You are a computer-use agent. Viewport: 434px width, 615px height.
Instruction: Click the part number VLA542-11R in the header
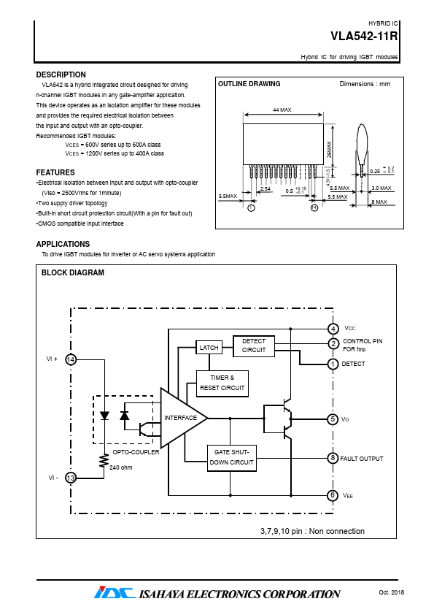tap(364, 36)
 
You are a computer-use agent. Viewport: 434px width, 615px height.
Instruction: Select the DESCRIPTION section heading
tap(61, 75)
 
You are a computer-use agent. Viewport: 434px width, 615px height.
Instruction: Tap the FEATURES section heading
tap(55, 172)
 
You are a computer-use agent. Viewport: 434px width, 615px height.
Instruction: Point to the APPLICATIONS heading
tap(63, 244)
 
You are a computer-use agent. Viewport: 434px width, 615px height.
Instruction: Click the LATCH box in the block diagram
tap(209, 348)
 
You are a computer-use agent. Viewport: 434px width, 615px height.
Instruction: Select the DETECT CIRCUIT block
tap(253, 346)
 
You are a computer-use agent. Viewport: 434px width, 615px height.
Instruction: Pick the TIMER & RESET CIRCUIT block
tap(222, 383)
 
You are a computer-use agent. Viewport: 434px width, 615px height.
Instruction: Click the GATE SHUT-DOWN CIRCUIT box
tap(231, 458)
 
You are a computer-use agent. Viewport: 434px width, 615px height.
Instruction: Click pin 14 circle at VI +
tap(71, 359)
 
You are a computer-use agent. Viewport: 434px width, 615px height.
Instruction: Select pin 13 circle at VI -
tap(71, 478)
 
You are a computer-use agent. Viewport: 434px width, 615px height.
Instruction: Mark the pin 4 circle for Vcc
tap(333, 328)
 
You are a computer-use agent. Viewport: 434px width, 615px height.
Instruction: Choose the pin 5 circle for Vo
tap(333, 419)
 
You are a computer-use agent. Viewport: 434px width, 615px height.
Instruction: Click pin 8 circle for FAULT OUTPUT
tap(333, 458)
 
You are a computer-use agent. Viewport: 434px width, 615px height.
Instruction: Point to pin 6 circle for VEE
tap(333, 495)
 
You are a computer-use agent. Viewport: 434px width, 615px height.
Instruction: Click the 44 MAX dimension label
tap(282, 110)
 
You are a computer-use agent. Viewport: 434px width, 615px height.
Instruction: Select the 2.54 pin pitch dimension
tap(266, 188)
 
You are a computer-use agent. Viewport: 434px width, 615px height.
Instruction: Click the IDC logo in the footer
tap(115, 592)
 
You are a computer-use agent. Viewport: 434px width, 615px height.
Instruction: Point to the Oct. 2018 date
tap(391, 592)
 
